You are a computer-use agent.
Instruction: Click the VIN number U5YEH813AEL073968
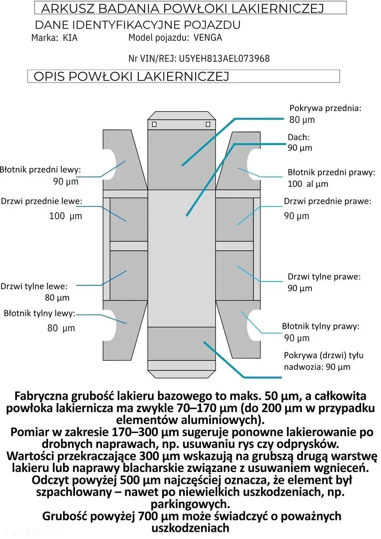click(224, 59)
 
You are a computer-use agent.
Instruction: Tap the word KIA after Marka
click(70, 38)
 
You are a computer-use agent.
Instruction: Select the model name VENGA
click(208, 38)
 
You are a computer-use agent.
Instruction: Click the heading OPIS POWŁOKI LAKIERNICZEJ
click(131, 77)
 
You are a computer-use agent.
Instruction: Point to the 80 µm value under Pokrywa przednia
click(302, 120)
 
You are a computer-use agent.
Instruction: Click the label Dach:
click(299, 137)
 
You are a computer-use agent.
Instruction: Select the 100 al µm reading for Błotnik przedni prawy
click(308, 184)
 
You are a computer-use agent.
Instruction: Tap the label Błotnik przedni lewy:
click(40, 170)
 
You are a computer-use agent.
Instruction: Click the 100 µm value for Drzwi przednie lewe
click(65, 216)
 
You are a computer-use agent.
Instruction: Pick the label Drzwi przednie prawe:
click(327, 201)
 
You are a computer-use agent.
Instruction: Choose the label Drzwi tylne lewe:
click(34, 286)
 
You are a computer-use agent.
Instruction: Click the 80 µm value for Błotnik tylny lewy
click(61, 328)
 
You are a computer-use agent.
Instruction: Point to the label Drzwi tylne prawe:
click(324, 276)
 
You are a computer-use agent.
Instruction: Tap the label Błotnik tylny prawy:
click(320, 326)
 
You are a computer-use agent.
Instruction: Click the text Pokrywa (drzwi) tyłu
click(324, 355)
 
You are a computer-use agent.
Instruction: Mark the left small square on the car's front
click(154, 124)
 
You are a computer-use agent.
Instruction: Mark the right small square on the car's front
click(208, 124)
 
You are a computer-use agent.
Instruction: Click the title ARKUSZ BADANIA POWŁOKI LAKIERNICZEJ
click(182, 8)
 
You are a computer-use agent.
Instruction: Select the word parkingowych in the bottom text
click(190, 504)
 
